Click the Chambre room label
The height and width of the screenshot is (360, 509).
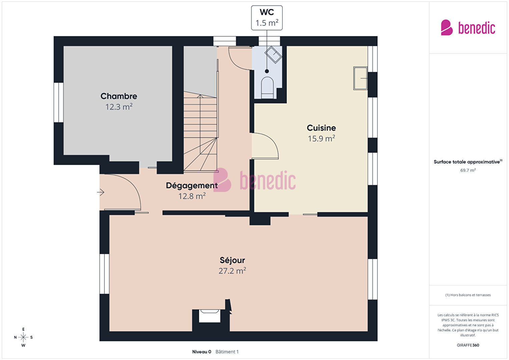click(x=119, y=96)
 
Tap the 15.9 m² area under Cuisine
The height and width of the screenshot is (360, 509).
click(x=321, y=138)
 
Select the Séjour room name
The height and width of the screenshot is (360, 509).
click(x=232, y=260)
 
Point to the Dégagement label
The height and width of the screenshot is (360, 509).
click(x=192, y=186)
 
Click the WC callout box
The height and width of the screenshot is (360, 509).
click(x=267, y=18)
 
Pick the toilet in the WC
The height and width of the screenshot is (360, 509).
click(x=267, y=88)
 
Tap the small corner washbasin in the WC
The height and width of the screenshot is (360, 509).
click(x=274, y=54)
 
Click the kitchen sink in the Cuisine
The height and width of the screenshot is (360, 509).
click(x=360, y=78)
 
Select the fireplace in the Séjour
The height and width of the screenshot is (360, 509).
click(x=209, y=316)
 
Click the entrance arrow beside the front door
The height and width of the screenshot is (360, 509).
click(x=100, y=192)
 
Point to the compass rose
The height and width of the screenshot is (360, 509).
click(x=23, y=337)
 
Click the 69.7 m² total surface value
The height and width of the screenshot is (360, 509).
click(x=468, y=170)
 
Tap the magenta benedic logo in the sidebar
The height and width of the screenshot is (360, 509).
click(x=468, y=27)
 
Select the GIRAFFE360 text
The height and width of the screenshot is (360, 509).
click(x=468, y=345)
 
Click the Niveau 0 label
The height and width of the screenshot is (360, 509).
click(x=201, y=352)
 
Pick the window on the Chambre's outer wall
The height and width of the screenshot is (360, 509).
click(x=59, y=102)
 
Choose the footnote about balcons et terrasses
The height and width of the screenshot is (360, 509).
click(x=468, y=295)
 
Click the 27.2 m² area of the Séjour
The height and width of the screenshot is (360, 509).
click(x=232, y=271)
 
